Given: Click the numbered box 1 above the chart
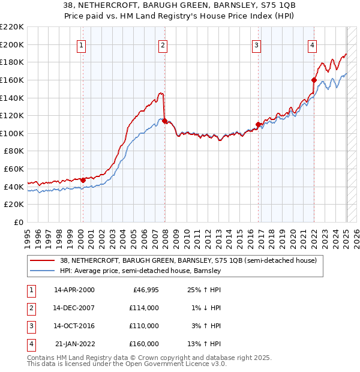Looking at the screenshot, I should coord(81,44).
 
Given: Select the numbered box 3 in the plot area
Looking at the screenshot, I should coord(256,44).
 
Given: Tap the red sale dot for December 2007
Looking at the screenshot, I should coord(164,121).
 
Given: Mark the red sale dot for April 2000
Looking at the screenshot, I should coord(83,180).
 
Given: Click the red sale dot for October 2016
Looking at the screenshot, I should coord(258,124).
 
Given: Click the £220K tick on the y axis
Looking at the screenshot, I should coord(13,26).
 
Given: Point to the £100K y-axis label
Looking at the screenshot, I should coord(13,133).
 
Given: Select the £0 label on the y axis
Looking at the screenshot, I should coord(18,222).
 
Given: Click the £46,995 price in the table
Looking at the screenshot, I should coord(145,290).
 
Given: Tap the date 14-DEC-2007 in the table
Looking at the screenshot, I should coord(74,308).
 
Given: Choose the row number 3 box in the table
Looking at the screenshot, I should coord(30,326).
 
